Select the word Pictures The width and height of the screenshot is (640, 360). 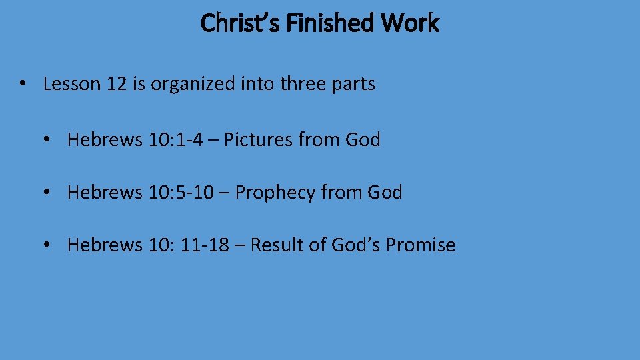point(258,140)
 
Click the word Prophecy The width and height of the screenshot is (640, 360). point(275,193)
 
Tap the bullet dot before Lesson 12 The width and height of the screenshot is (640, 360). point(23,84)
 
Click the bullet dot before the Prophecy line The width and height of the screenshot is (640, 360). point(47,193)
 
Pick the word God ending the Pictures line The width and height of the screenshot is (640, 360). point(363,140)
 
